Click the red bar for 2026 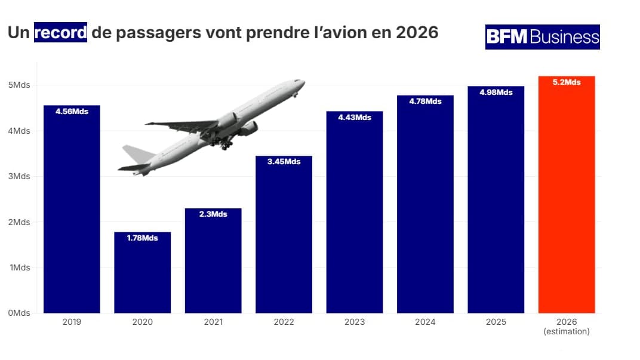coord(566,197)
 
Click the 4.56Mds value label coord(72,111)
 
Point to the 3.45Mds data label coord(284,162)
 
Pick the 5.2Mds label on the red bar coord(566,82)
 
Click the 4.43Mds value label coord(355,118)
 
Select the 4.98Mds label coord(496,93)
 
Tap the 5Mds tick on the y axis coord(19,85)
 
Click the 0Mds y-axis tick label coord(19,313)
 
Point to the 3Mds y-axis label coord(19,177)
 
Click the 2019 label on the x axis coord(72,322)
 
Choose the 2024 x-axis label coord(425,322)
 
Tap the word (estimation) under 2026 coord(566,331)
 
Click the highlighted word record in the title coord(61,32)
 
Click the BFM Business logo coord(542,37)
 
